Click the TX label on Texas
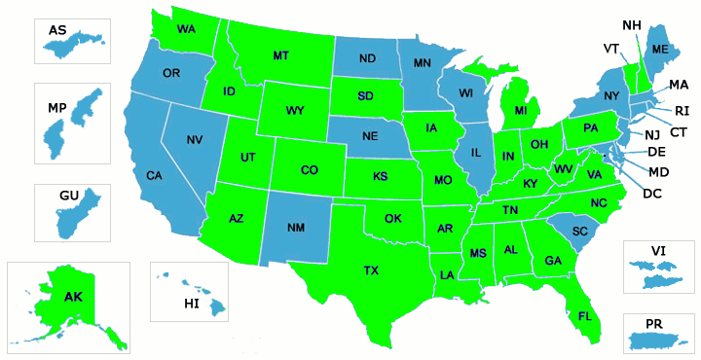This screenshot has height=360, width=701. click(371, 270)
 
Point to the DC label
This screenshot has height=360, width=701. click(653, 193)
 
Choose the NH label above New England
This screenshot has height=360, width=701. click(631, 24)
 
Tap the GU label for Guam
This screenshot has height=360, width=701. click(68, 196)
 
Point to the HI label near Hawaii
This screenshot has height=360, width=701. click(192, 305)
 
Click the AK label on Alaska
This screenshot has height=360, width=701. click(74, 297)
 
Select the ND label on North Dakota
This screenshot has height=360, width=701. click(367, 58)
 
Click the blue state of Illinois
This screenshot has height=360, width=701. click(476, 156)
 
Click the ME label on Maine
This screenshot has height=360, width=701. click(660, 50)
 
